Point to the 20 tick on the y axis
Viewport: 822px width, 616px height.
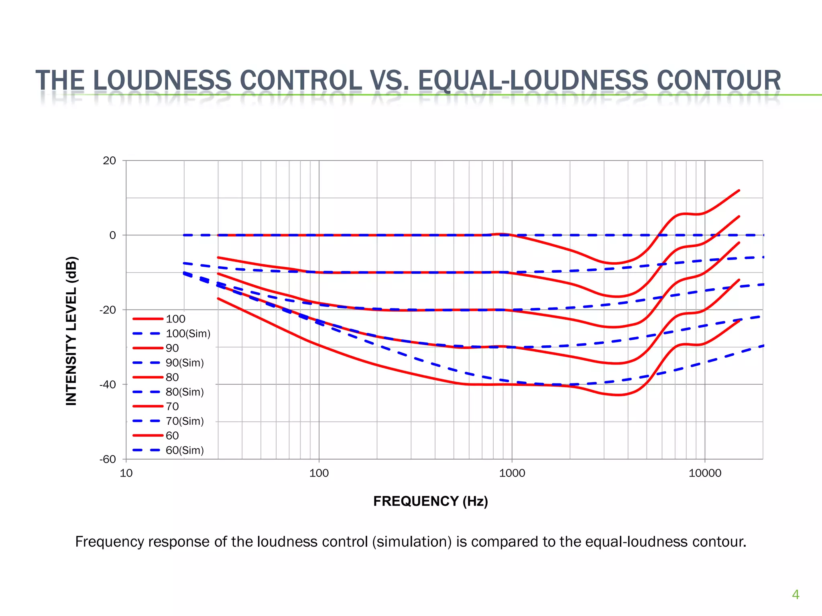[109, 161]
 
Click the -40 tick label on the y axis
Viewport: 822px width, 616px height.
[108, 385]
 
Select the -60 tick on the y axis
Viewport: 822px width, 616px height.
[108, 459]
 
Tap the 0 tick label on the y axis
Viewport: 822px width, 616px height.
[112, 235]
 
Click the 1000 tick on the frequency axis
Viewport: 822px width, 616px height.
[512, 473]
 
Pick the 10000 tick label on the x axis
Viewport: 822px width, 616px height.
[705, 473]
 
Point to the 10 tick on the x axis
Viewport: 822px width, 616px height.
[126, 473]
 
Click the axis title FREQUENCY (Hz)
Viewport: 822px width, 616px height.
[430, 501]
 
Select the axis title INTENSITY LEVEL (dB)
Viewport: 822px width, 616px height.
[71, 330]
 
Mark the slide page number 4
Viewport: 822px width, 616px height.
[795, 594]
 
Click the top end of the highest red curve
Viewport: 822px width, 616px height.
[739, 191]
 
